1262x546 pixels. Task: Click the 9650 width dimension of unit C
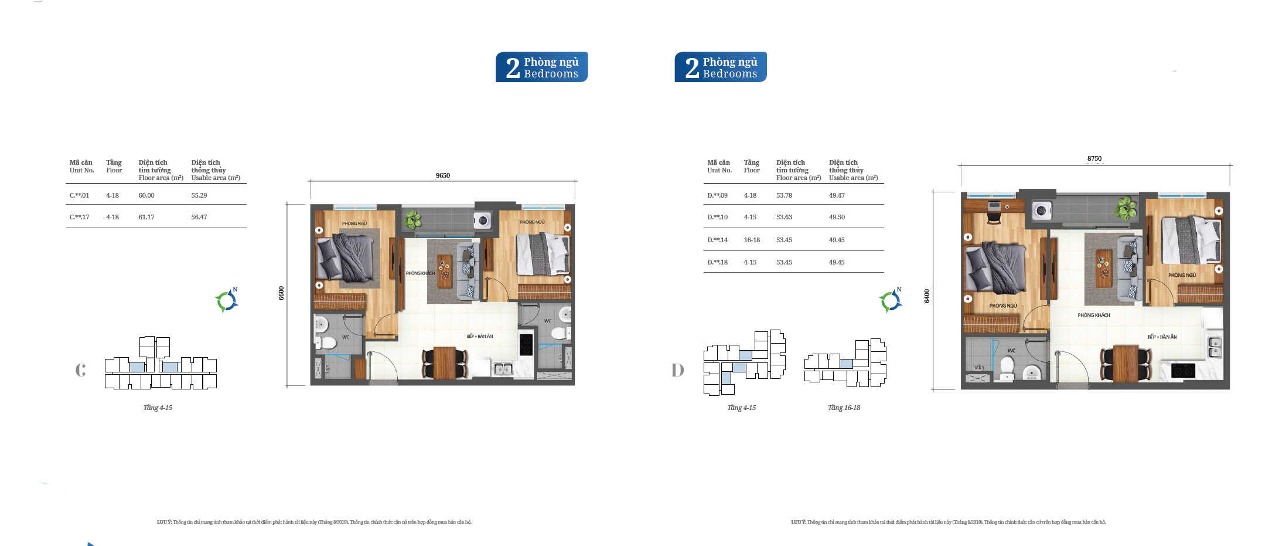[442, 175]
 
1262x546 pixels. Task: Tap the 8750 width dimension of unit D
[1094, 158]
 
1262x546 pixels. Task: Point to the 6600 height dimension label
[281, 293]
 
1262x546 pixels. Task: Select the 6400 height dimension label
[927, 296]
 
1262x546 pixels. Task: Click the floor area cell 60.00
[146, 195]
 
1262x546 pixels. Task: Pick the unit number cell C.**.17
[80, 217]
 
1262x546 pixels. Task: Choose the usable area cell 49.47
[837, 195]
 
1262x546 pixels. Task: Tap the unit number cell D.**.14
[717, 240]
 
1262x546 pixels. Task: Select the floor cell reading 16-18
[752, 240]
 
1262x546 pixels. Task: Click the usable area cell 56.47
[199, 217]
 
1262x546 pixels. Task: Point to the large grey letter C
[81, 369]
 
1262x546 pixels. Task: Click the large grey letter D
[678, 370]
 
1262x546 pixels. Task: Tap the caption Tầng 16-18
[844, 408]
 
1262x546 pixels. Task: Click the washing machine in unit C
[482, 221]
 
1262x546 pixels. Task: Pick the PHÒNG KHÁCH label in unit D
[1093, 315]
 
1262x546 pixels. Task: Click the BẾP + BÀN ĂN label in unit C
[480, 336]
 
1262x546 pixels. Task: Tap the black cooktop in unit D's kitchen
[1182, 370]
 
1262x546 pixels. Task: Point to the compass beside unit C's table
[227, 301]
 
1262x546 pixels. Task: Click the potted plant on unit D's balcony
[1125, 208]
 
